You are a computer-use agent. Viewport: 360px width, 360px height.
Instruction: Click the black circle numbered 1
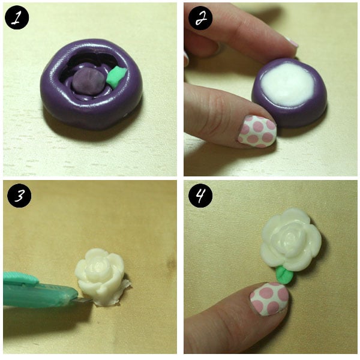[17, 17]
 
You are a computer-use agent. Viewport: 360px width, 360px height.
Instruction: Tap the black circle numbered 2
[200, 17]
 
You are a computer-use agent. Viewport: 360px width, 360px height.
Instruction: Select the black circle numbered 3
[19, 196]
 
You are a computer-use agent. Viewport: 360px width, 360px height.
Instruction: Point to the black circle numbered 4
[200, 196]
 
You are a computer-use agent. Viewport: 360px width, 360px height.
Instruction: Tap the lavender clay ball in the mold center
[88, 81]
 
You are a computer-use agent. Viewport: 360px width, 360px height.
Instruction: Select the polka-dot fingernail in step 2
[257, 131]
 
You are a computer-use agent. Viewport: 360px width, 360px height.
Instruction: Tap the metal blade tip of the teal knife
[86, 299]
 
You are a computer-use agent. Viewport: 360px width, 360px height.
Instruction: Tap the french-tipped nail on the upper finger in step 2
[292, 42]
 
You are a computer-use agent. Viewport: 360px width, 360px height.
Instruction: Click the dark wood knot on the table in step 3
[171, 264]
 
